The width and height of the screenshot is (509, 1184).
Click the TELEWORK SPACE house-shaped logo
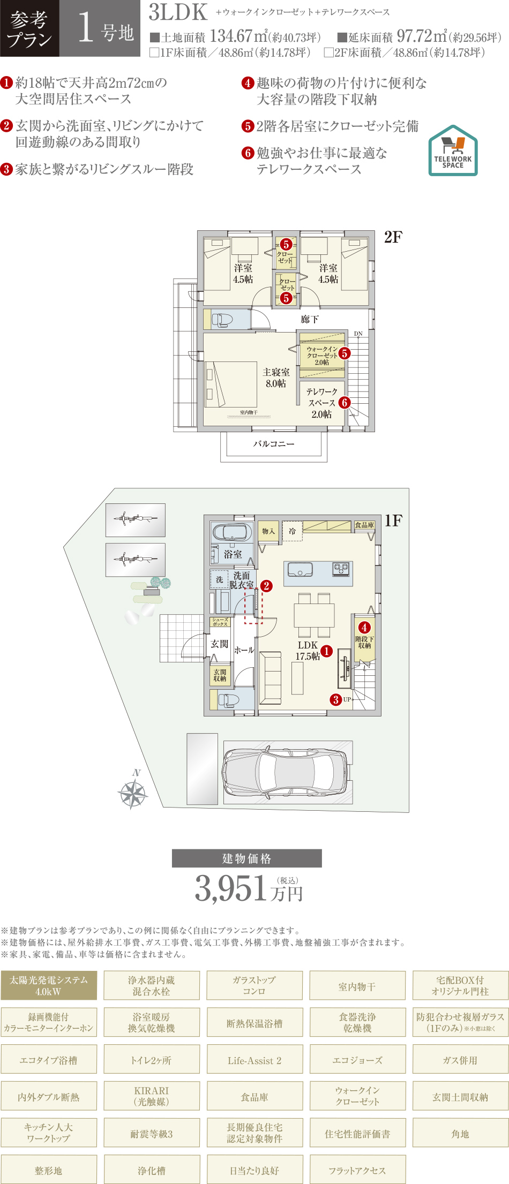pyautogui.click(x=453, y=150)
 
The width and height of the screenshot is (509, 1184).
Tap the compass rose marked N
pyautogui.click(x=133, y=793)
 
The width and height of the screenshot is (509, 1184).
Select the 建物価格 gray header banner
pyautogui.click(x=246, y=858)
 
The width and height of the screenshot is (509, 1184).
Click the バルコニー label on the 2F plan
pyautogui.click(x=274, y=444)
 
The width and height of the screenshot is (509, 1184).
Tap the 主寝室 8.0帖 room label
pyautogui.click(x=276, y=378)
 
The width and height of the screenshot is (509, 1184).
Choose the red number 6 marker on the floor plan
pyautogui.click(x=344, y=403)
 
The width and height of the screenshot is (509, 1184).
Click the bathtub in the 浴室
pyautogui.click(x=232, y=532)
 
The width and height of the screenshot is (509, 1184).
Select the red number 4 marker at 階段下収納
pyautogui.click(x=364, y=628)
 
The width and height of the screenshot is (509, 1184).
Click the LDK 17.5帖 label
pyautogui.click(x=308, y=651)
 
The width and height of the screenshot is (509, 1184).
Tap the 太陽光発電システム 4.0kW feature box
pyautogui.click(x=49, y=986)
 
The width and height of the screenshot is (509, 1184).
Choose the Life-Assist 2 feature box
pyautogui.click(x=254, y=1060)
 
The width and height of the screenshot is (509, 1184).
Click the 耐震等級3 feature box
pyautogui.click(x=152, y=1134)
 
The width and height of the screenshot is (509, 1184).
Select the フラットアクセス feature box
pyautogui.click(x=357, y=1171)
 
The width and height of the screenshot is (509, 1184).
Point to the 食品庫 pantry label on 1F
pyautogui.click(x=364, y=525)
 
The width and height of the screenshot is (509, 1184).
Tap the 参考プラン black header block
pyautogui.click(x=30, y=28)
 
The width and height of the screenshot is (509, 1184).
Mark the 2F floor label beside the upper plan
pyautogui.click(x=393, y=237)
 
